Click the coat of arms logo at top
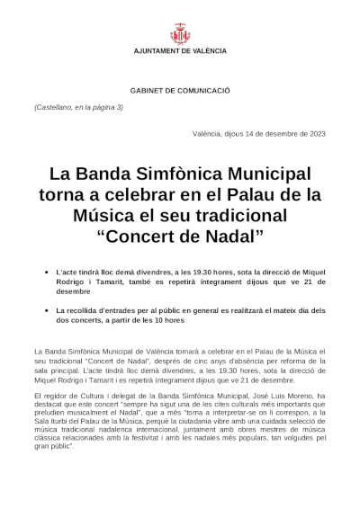[x=180, y=35]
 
